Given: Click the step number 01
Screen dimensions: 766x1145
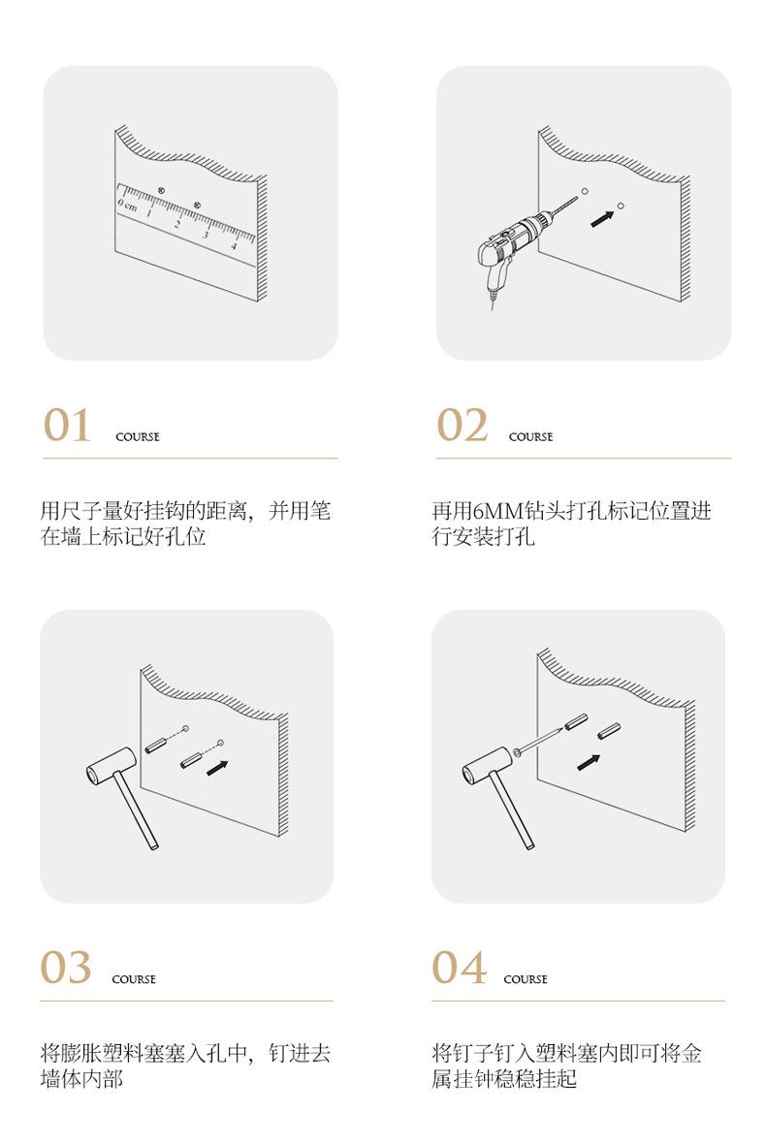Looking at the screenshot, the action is click(x=67, y=425).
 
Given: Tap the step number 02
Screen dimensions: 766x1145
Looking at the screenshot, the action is click(x=463, y=425).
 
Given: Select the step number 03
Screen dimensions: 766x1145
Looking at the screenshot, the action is click(x=66, y=967).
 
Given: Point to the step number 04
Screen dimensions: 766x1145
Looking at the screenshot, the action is click(x=459, y=967).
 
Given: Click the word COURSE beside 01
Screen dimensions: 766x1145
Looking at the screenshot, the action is click(x=138, y=436).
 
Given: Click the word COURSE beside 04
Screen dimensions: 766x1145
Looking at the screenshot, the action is click(x=526, y=979).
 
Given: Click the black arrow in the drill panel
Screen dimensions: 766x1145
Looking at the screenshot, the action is click(x=602, y=217).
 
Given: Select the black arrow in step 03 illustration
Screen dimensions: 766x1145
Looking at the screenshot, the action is click(x=217, y=768).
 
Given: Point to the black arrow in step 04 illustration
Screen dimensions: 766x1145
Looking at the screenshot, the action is click(x=589, y=762).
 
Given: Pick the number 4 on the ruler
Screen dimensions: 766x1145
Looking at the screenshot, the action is click(x=235, y=245).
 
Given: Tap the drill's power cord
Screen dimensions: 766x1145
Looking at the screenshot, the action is click(x=493, y=299).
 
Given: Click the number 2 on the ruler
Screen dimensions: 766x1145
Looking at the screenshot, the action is click(x=176, y=225).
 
